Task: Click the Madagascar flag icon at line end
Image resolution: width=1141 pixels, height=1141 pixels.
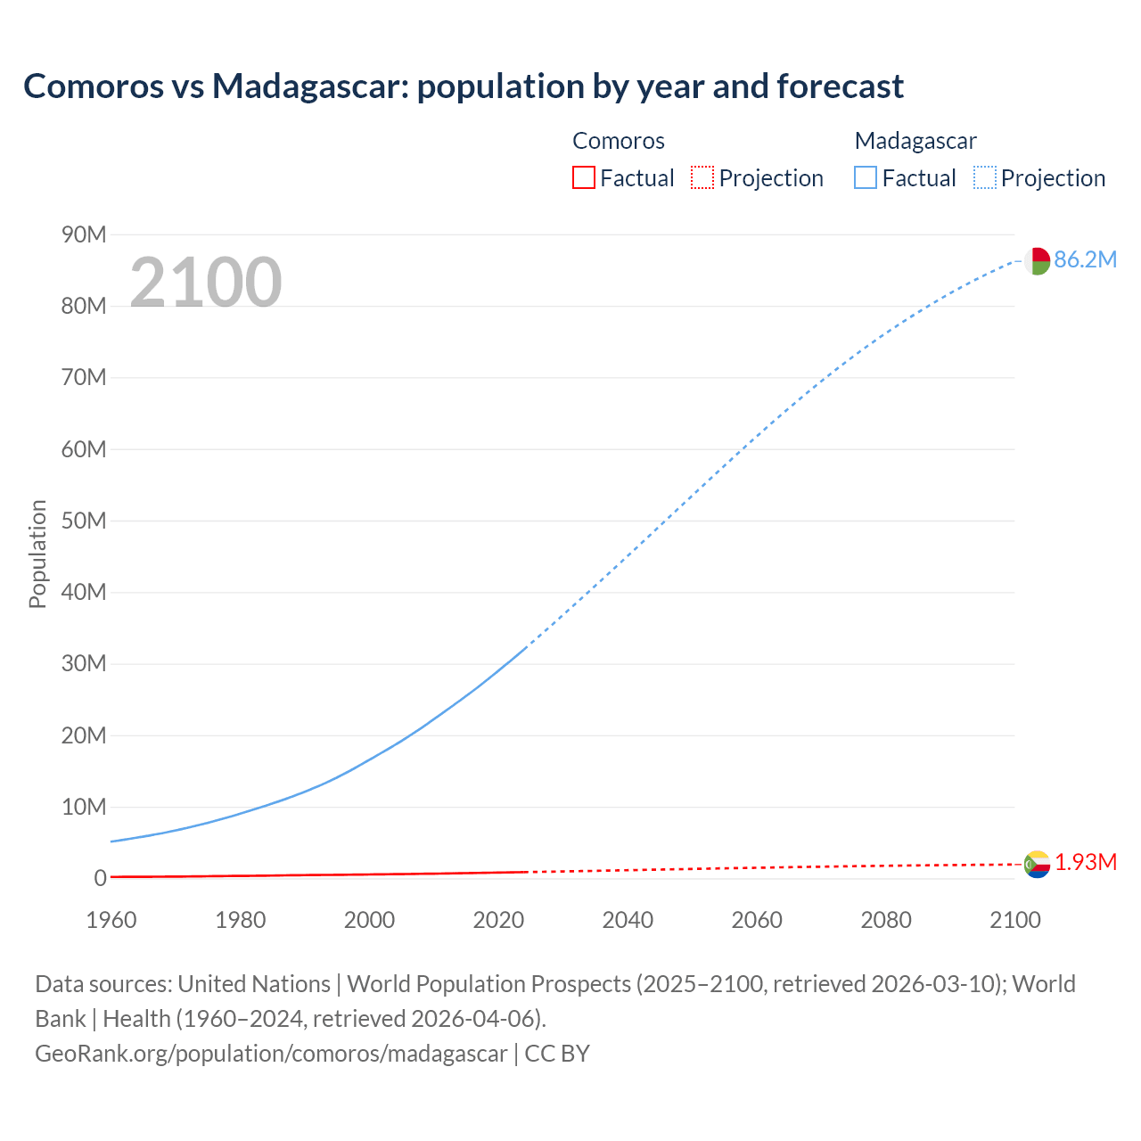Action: pos(1037,261)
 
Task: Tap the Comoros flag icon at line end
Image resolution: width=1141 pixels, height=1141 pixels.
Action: pos(1037,864)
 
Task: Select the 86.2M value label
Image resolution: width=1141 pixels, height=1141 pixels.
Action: pos(1085,259)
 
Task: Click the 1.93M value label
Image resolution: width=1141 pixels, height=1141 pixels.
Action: pos(1086,862)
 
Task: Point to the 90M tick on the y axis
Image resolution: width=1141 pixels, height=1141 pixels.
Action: pos(84,234)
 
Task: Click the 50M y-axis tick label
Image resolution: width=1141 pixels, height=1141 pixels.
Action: pos(84,521)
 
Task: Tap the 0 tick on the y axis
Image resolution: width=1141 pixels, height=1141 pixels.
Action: pos(100,878)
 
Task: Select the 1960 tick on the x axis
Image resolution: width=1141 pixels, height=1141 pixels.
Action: pos(111,920)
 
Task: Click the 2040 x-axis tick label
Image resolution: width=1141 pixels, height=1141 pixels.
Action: pos(628,920)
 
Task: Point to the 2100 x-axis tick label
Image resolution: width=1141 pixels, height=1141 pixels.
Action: pos(1014,920)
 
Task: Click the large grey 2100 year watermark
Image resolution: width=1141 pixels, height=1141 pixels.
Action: pos(206,283)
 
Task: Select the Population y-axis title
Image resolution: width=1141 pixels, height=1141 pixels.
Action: pos(37,554)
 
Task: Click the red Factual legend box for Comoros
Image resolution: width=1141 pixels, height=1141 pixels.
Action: pos(583,177)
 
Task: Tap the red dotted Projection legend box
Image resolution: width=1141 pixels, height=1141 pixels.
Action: pos(702,177)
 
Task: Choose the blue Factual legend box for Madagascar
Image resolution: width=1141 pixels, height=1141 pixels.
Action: pos(865,177)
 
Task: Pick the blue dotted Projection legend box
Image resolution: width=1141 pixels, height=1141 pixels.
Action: pos(984,177)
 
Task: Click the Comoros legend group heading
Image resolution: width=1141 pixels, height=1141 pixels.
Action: pos(618,141)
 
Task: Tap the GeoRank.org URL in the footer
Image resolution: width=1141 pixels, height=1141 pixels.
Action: pos(271,1053)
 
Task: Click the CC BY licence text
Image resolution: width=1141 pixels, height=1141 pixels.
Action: pos(557,1053)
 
